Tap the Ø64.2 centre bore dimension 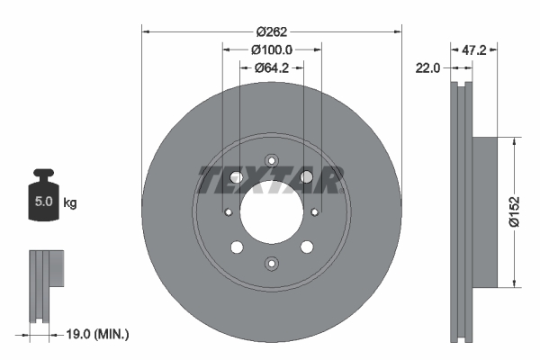click(270, 67)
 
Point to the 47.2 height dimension click(473, 50)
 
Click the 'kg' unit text click(70, 203)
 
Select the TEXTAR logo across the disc click(270, 180)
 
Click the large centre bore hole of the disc click(271, 212)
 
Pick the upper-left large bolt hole click(236, 177)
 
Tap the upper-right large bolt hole click(306, 177)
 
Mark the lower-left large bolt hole click(236, 247)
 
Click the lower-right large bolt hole click(306, 247)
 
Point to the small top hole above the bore click(271, 162)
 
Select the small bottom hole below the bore click(271, 263)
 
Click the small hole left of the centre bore click(228, 212)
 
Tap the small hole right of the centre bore click(314, 212)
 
